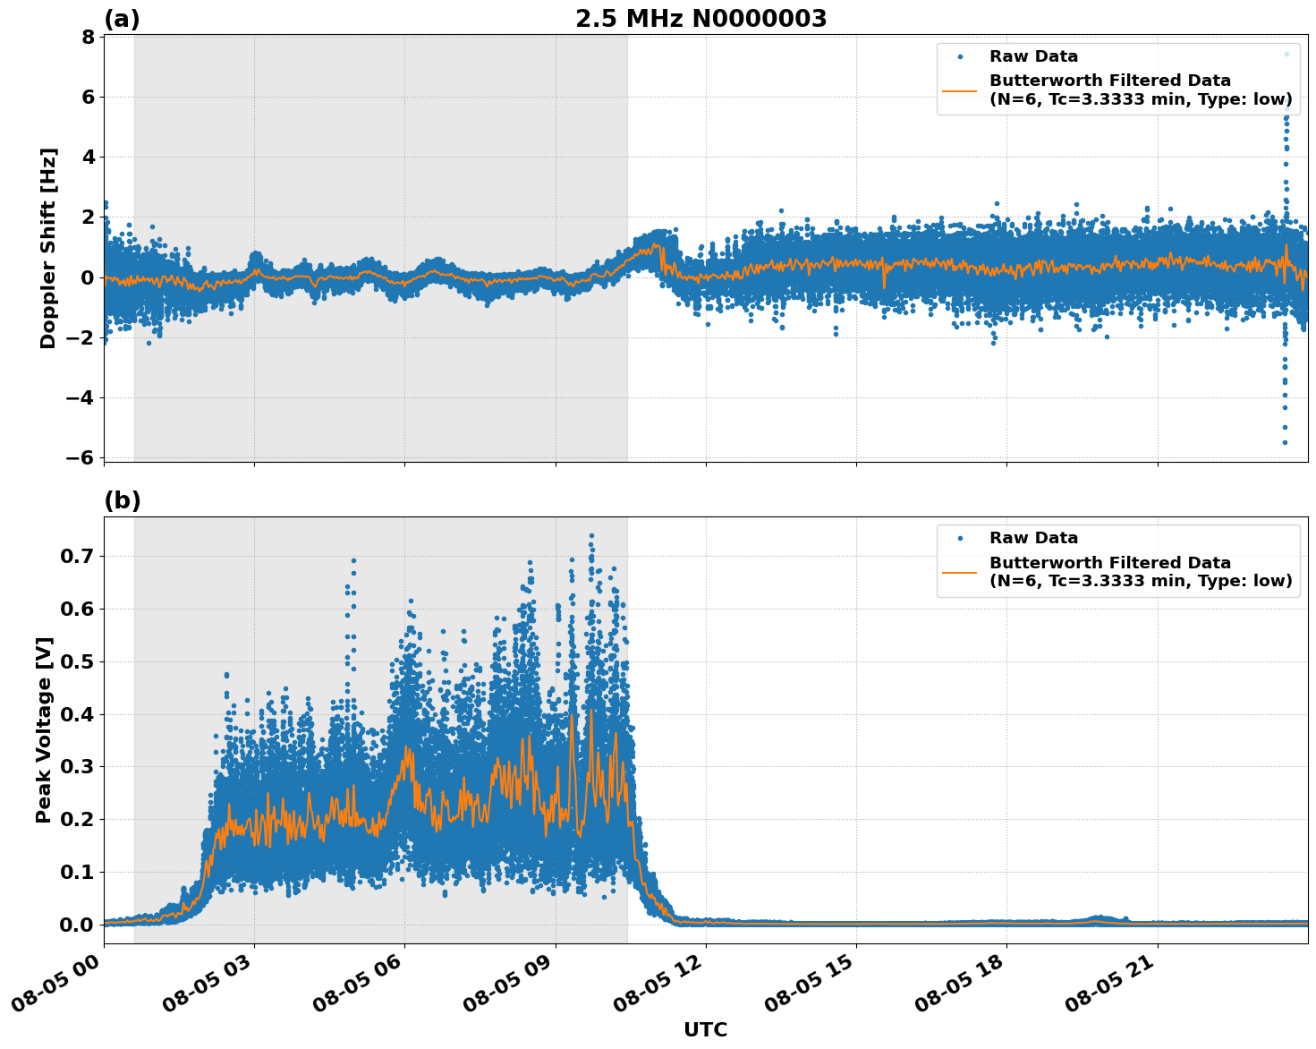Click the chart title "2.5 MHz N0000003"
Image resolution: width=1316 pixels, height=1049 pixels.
(x=700, y=19)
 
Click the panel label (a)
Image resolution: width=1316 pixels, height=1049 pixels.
(x=122, y=19)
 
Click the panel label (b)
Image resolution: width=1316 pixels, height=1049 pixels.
(x=122, y=500)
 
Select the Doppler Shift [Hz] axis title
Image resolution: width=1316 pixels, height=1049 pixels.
(x=48, y=248)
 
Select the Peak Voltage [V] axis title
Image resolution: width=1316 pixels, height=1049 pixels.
(x=44, y=729)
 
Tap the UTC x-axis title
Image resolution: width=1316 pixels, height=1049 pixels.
(x=705, y=1029)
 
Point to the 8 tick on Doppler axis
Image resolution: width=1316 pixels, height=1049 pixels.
(x=88, y=37)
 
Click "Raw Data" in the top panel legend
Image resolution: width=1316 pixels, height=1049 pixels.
(x=1033, y=56)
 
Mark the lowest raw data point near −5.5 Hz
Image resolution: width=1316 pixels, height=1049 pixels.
(x=1285, y=442)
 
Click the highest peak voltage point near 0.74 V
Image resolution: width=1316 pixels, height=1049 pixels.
(x=591, y=536)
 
